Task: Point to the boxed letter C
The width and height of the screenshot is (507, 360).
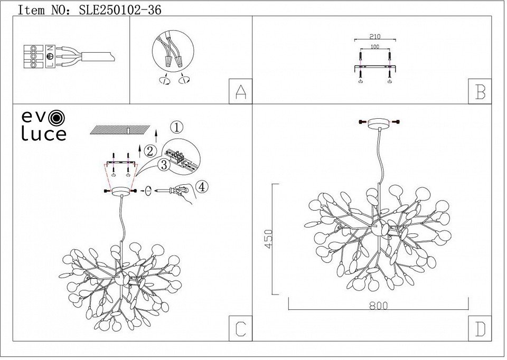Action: (x=240, y=329)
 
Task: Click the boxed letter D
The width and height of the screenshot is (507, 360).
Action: (x=480, y=329)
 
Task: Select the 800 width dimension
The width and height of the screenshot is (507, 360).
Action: (x=378, y=306)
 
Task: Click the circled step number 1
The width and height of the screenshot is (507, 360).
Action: (x=177, y=127)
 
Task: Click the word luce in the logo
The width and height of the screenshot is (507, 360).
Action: (x=43, y=134)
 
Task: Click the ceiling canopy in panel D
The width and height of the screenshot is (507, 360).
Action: (x=378, y=123)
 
